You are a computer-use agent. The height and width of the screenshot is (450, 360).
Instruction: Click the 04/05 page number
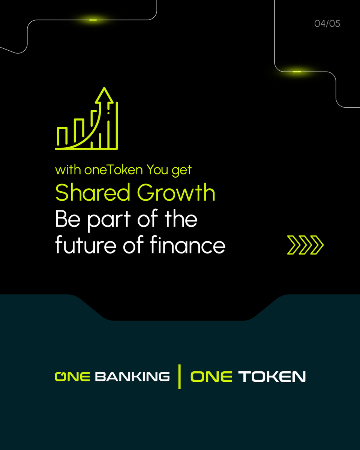327,24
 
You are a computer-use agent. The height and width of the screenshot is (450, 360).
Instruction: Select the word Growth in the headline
176,193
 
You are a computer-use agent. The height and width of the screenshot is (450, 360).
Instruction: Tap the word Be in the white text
67,219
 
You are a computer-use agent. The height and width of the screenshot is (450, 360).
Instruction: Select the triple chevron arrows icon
305,245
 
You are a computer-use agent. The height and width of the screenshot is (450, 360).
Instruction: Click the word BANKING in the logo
132,376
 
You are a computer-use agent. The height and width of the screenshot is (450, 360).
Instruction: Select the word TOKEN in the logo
272,376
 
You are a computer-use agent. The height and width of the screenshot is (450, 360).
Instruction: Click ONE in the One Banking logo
72,376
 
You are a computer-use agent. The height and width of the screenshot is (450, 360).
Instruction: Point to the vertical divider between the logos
180,376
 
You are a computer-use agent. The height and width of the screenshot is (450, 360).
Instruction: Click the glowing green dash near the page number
297,71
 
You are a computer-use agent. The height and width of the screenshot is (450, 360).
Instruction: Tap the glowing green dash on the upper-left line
93,19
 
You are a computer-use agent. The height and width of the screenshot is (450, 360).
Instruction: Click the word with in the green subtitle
68,170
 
